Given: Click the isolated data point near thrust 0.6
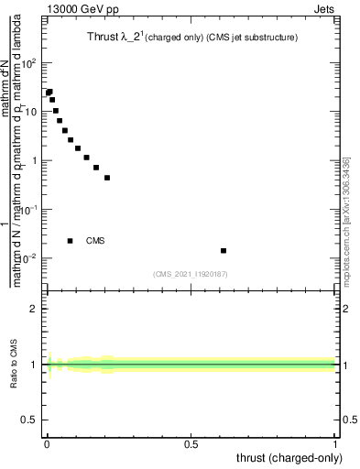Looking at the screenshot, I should point(224,250).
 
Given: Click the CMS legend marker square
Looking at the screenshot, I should point(71,241).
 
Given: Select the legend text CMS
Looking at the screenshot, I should point(95,241).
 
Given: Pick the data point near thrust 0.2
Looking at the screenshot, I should point(107,178).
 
